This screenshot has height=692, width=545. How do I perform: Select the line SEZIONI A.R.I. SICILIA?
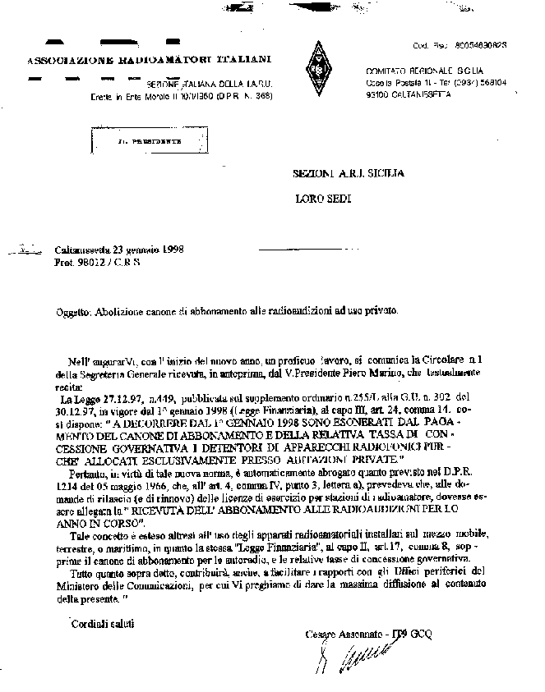click(349, 174)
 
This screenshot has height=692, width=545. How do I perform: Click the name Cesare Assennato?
click(339, 635)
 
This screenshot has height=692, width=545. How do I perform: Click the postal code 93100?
click(378, 94)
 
